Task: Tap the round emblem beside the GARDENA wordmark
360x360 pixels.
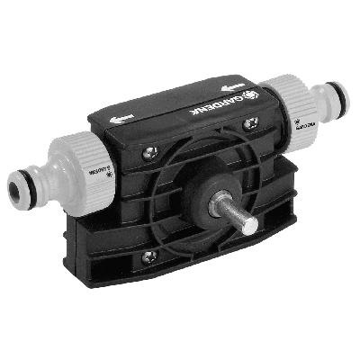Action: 244,92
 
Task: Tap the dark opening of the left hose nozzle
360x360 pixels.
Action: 16,191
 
